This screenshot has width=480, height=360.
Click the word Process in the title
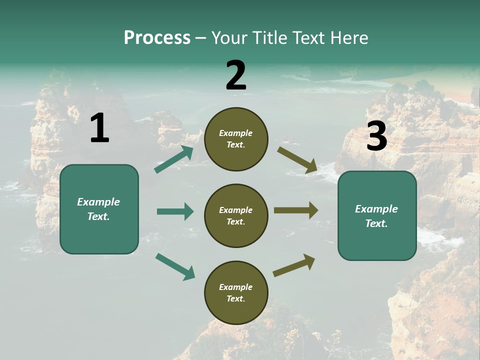tap(157, 38)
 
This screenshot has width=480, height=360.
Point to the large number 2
tap(236, 75)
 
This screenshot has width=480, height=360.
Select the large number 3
tap(376, 136)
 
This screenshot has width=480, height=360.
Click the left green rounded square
tap(99, 209)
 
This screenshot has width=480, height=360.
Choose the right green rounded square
tap(377, 215)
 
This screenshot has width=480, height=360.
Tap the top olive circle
tap(236, 139)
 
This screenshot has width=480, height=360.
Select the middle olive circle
tap(236, 215)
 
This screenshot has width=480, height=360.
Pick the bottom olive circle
tap(236, 292)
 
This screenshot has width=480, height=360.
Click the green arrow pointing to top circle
tap(174, 159)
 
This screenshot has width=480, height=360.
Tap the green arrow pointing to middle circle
tap(175, 211)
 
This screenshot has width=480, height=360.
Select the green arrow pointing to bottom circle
tap(175, 266)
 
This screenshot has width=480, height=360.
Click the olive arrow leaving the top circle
tap(297, 160)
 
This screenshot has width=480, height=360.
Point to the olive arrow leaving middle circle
tap(296, 210)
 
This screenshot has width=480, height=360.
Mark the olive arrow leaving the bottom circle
tap(294, 265)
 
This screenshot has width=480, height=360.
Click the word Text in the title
tap(307, 38)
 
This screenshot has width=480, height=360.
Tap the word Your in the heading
tap(228, 38)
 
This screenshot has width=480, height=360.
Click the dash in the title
tap(201, 38)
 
